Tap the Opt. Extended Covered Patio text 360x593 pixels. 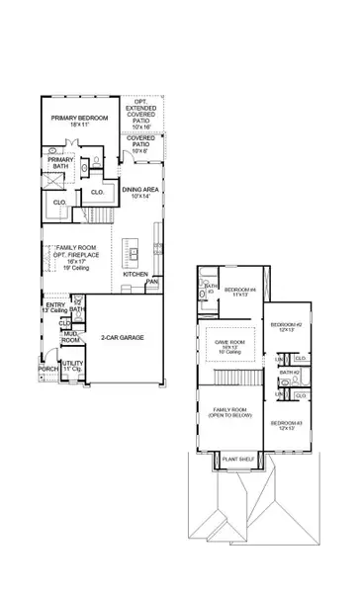tap(141, 114)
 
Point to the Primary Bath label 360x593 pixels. tap(60, 163)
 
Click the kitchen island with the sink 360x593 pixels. tap(131, 254)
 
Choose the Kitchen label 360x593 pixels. tap(135, 274)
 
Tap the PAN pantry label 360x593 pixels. tap(152, 283)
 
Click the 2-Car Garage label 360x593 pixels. tap(123, 338)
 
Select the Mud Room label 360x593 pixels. tap(71, 336)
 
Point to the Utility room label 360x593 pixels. tap(71, 368)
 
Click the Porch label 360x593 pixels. tap(47, 370)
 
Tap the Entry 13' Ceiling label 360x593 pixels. tap(57, 307)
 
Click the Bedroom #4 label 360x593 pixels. tap(238, 292)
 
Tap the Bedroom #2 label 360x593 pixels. tap(286, 327)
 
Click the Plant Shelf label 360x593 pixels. tap(237, 460)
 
